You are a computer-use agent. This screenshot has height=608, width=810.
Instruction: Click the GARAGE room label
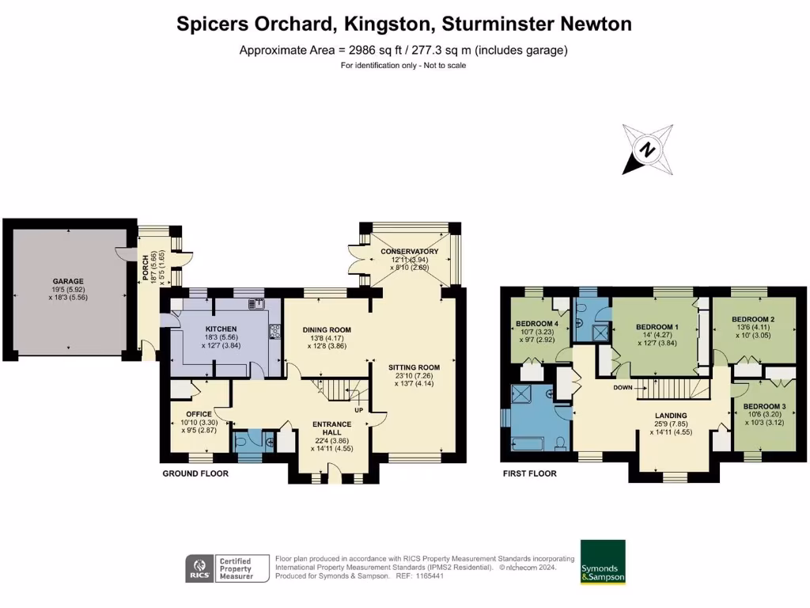click(x=68, y=281)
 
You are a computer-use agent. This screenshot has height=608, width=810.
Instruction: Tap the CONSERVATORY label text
click(x=409, y=252)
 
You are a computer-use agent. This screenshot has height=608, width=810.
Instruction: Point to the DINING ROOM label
click(x=327, y=330)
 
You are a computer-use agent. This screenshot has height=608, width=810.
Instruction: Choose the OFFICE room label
click(x=198, y=414)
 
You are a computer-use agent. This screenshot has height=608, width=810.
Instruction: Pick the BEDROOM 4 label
click(x=536, y=324)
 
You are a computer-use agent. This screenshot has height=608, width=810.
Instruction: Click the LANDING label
click(x=670, y=416)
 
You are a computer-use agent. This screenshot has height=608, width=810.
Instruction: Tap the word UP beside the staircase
click(x=358, y=410)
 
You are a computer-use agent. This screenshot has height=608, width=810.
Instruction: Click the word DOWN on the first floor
click(x=623, y=389)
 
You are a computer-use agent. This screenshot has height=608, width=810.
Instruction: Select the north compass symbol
click(x=648, y=149)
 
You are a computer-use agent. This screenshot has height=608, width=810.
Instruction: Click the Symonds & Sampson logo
click(x=603, y=562)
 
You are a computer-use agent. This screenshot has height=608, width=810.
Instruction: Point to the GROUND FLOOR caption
click(x=195, y=473)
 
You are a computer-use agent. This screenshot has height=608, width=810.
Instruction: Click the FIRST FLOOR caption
click(x=529, y=473)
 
